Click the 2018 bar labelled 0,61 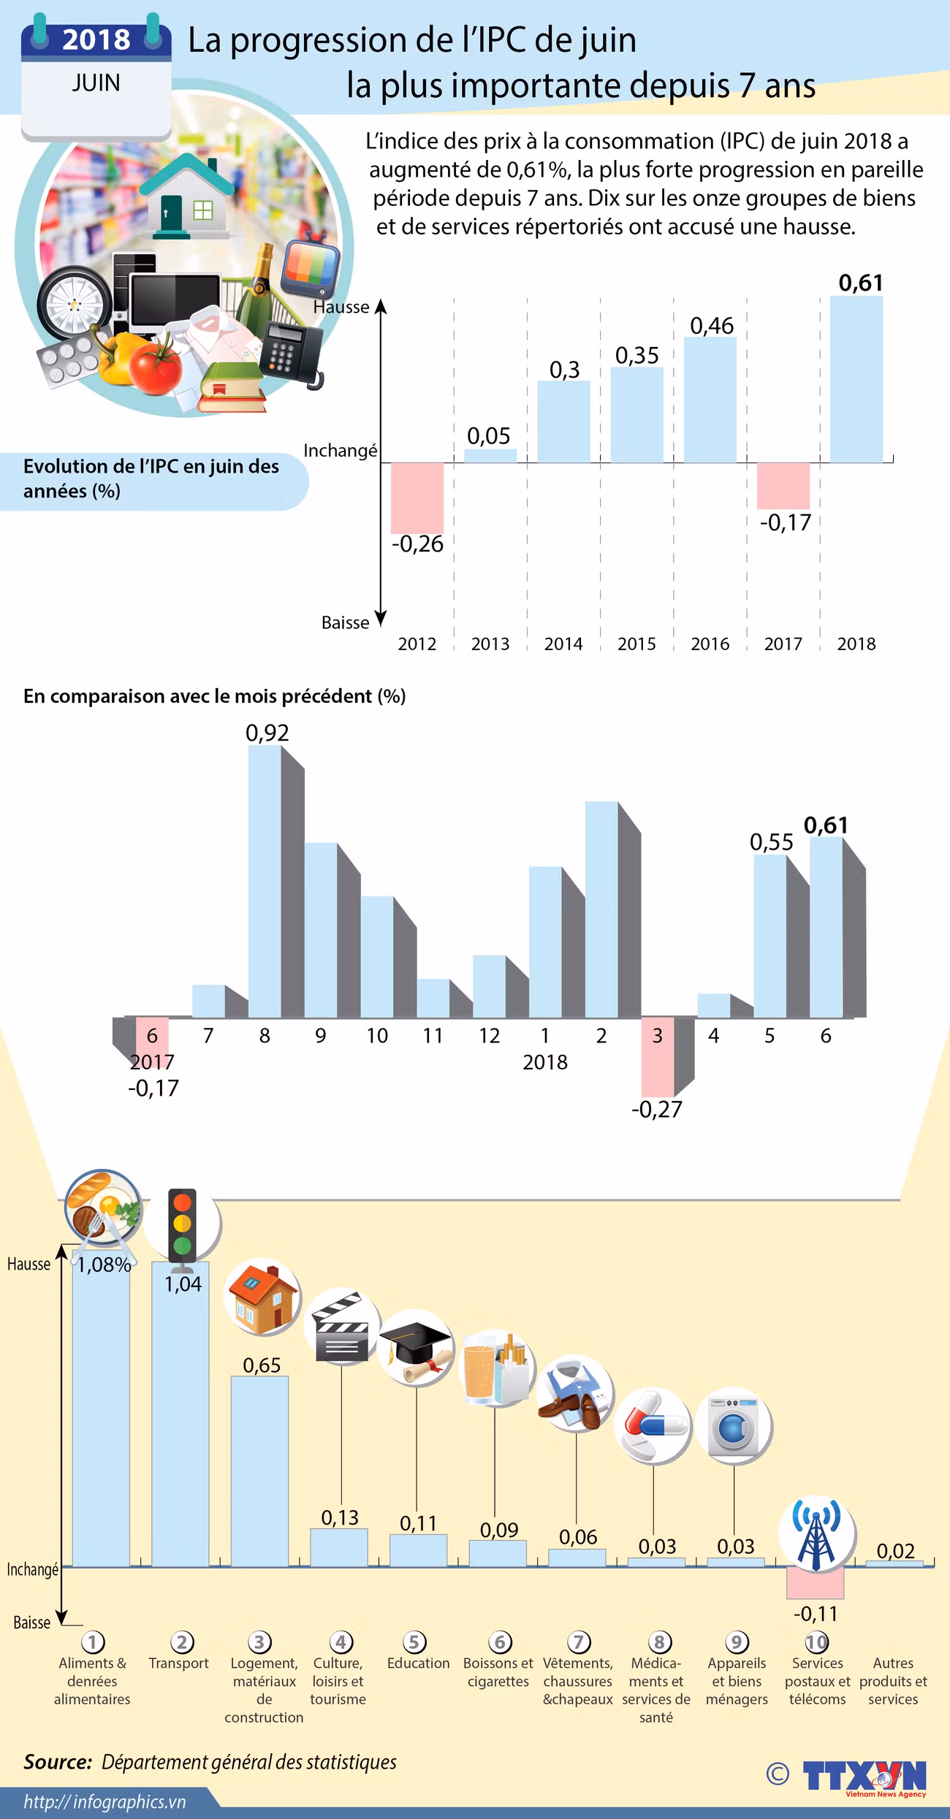(856, 380)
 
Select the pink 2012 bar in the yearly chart (417, 497)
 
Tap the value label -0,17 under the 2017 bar (786, 523)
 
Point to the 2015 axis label (636, 644)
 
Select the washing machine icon (733, 1425)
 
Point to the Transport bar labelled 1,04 (180, 1425)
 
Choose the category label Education (418, 1663)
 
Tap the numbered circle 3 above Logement (259, 1642)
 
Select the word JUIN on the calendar (96, 83)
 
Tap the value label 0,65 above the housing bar (262, 1365)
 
